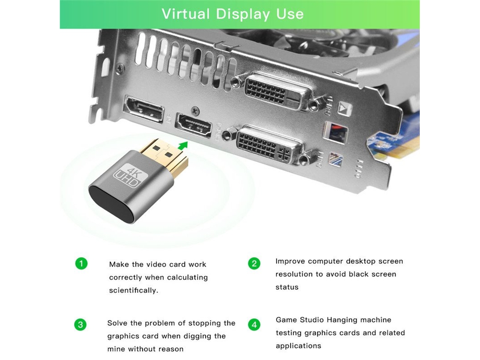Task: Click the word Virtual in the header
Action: point(186,14)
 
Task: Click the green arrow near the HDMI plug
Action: point(182,146)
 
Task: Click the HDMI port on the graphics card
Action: point(194,125)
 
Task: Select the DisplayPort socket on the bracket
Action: point(144,109)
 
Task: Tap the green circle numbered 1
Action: point(81,264)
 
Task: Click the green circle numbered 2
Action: point(254,264)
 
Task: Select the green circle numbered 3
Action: point(80,325)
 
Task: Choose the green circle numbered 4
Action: point(254,325)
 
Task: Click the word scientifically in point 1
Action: point(133,291)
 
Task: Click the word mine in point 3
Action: point(116,349)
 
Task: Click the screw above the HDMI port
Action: point(195,110)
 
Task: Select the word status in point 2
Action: point(287,287)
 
